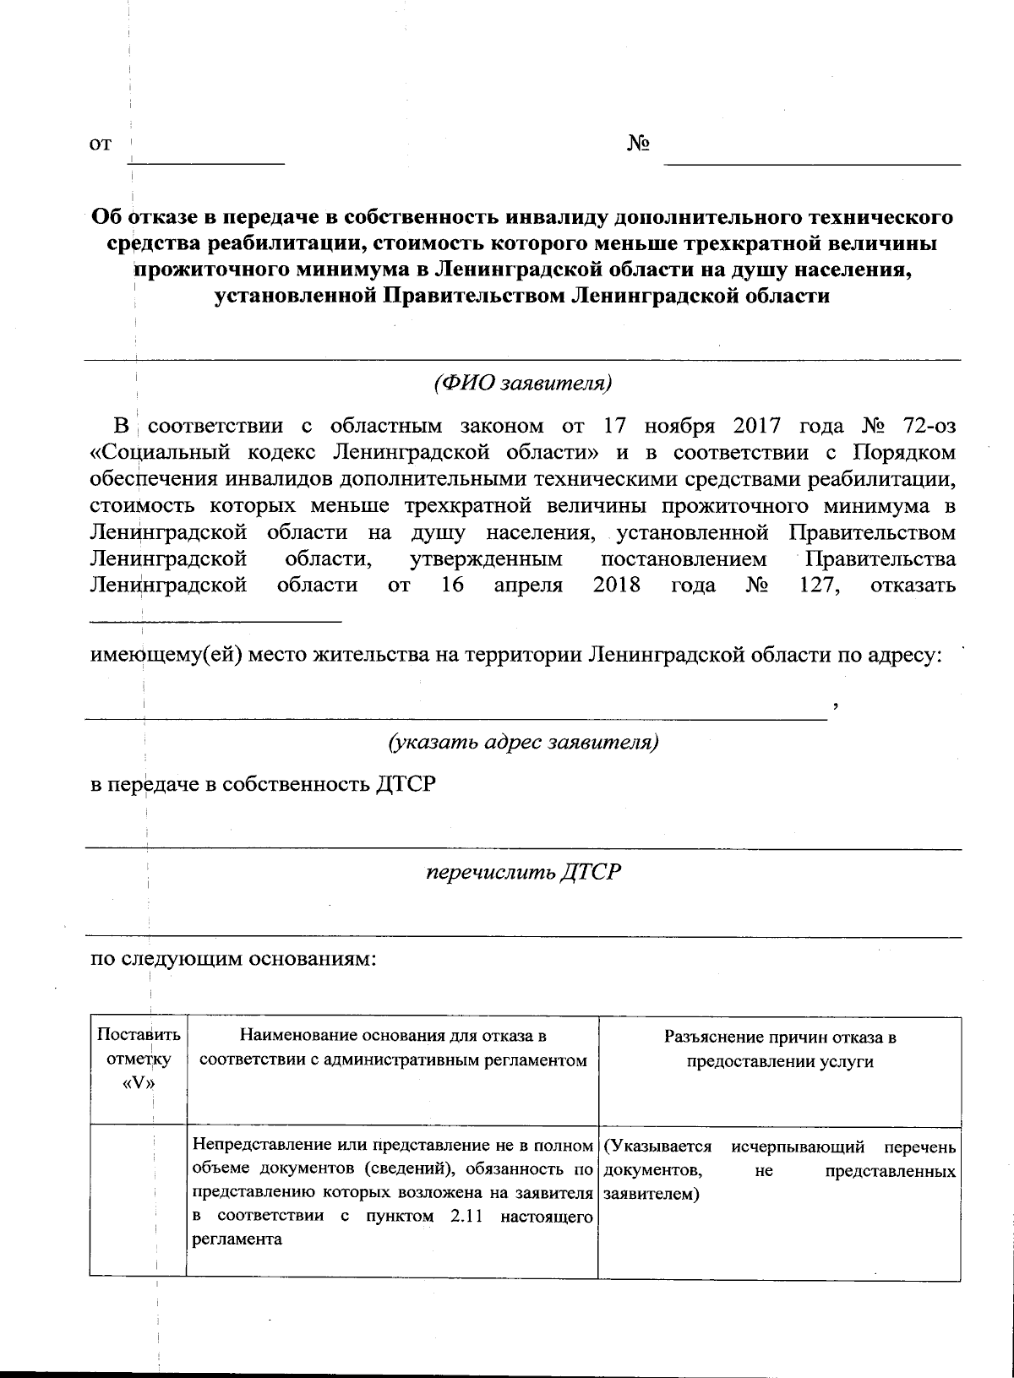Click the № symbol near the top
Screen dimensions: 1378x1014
[x=638, y=144]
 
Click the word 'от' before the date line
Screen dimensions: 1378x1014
[x=101, y=145]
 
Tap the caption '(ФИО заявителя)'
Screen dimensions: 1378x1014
[x=522, y=384]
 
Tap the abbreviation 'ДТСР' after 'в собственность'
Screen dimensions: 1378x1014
[x=405, y=785]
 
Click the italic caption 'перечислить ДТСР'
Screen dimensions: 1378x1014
[x=523, y=871]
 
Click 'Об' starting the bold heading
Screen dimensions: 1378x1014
[x=107, y=217]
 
